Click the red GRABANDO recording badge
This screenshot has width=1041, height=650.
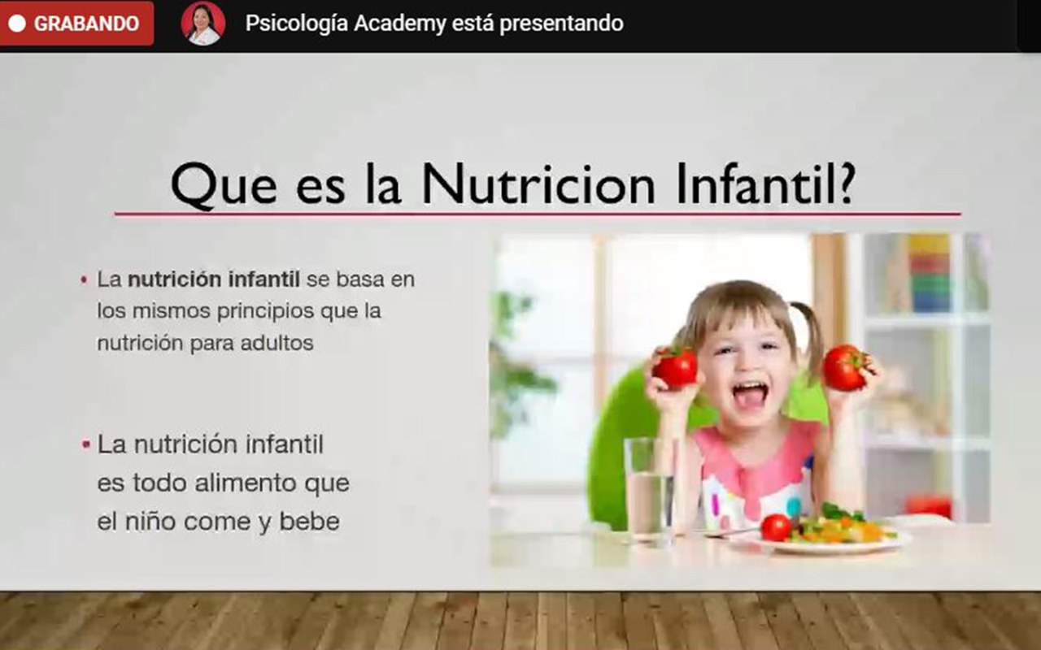pos(76,24)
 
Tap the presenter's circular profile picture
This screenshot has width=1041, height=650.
pos(203,24)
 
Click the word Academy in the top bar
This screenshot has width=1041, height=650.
pos(399,24)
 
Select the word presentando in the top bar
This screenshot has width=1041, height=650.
pos(561,24)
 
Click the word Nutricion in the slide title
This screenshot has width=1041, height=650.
pos(538,184)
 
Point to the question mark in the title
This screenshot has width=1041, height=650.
pos(843,184)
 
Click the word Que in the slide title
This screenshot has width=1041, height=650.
pos(224,186)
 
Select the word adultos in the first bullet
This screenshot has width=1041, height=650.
pos(277,343)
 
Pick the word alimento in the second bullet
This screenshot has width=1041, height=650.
pos(245,483)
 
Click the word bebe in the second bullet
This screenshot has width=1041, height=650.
pos(310,522)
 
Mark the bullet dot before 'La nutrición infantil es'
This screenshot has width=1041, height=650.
pos(85,444)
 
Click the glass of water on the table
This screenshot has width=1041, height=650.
pos(649,490)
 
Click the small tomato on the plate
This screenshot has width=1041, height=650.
pos(776,527)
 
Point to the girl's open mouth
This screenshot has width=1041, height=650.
pos(749,395)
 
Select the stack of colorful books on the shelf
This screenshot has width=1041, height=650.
pos(929,274)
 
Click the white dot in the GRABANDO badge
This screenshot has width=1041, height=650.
pos(17,24)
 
